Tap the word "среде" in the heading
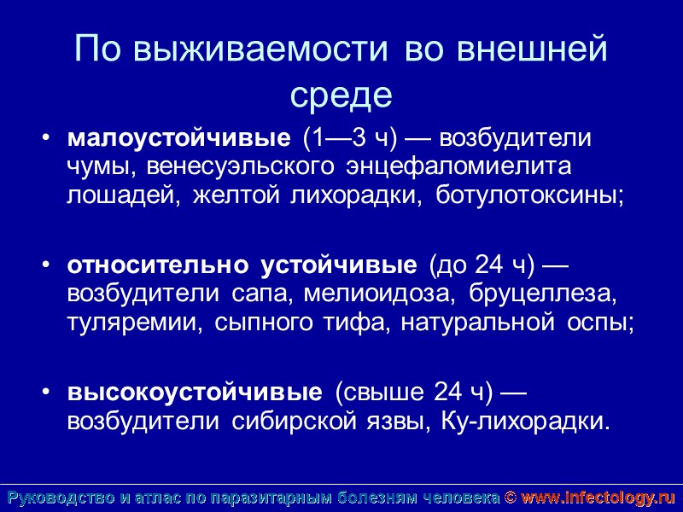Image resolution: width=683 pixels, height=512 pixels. point(341,94)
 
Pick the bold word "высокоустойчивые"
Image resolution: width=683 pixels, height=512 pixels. point(195,393)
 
